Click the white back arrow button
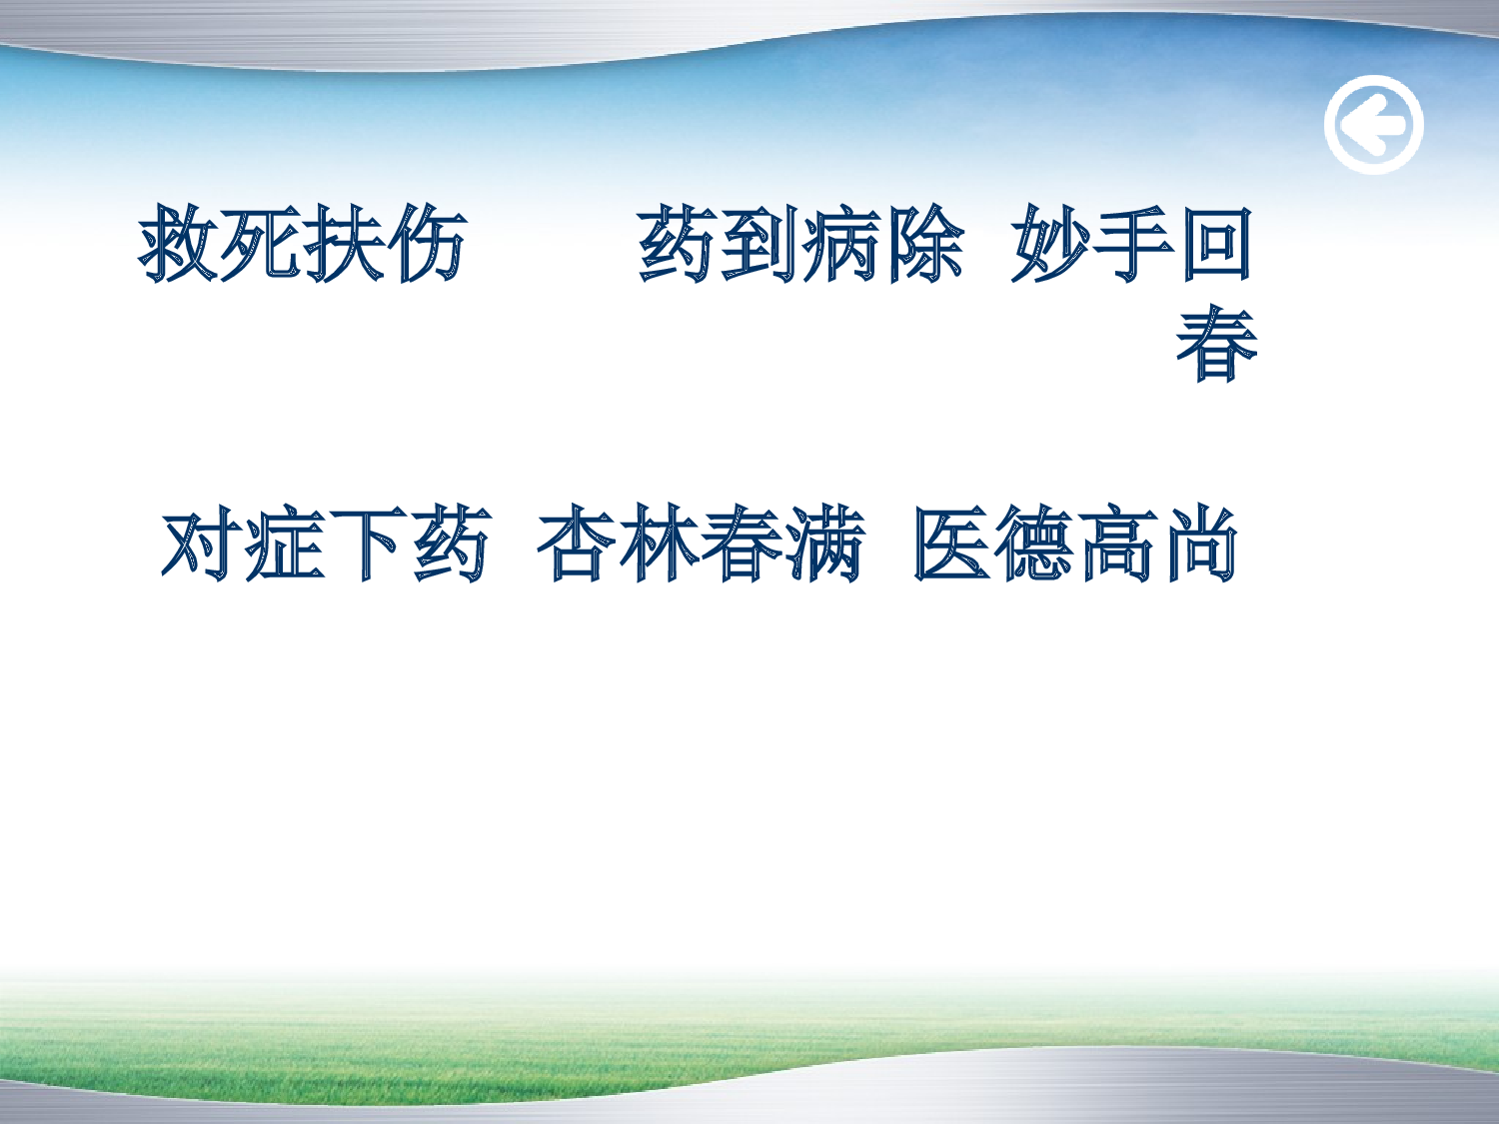point(1373,125)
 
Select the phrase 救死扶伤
point(303,244)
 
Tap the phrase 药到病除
point(801,244)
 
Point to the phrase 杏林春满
point(701,545)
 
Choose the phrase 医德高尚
point(1076,545)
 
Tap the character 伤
point(427,244)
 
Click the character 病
point(842,244)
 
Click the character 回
point(1216,244)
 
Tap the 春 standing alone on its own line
point(1216,344)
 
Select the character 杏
point(577,545)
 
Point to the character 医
point(952,545)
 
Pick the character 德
point(1035,545)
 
